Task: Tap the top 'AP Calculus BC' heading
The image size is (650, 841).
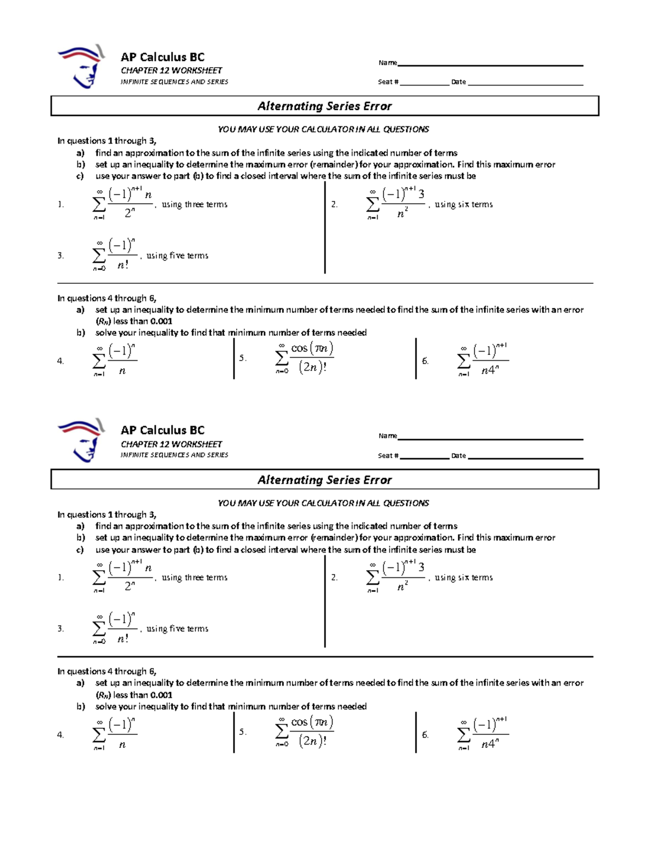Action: [x=162, y=57]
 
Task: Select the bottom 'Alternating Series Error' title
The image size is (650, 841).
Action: [x=324, y=480]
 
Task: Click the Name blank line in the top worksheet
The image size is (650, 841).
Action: [x=490, y=64]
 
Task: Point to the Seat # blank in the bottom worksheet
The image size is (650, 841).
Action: [x=425, y=458]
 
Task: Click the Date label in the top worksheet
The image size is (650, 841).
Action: [x=458, y=82]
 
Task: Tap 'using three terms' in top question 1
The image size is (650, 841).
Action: [x=194, y=205]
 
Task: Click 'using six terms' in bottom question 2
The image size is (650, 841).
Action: [x=464, y=578]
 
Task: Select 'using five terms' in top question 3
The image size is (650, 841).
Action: [x=177, y=256]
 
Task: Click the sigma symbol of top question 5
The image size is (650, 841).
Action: [x=282, y=358]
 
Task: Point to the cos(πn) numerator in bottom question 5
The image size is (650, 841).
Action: [x=312, y=722]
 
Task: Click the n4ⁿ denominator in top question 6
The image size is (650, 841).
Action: [x=490, y=370]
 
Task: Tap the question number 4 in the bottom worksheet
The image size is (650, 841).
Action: [x=60, y=735]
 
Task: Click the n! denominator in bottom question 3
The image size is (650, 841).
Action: [x=123, y=639]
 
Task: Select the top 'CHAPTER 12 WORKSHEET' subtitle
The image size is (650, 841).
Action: [x=171, y=70]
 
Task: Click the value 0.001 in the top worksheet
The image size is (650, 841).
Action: [x=161, y=321]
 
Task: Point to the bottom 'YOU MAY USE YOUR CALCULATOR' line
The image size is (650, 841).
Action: [x=323, y=503]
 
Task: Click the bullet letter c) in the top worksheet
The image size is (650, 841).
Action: [x=80, y=176]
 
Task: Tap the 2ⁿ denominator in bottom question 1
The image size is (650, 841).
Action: [x=129, y=586]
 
